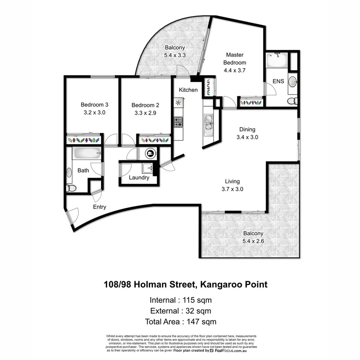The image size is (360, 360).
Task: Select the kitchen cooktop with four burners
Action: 178,122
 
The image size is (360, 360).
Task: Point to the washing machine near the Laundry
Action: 149,153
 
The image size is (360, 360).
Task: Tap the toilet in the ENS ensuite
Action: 292,101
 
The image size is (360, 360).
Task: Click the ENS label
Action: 278,82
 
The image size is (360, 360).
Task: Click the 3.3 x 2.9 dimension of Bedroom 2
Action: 145,113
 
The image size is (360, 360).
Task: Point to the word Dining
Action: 247,130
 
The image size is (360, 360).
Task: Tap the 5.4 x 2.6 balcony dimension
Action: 253,241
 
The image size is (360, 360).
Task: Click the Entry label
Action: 99,207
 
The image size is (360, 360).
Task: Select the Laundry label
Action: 139,178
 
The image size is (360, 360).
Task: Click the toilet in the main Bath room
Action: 71,188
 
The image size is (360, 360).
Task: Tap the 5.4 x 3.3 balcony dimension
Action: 175,55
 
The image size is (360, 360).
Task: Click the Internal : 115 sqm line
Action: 180,300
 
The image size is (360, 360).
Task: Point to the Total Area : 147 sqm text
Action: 180,321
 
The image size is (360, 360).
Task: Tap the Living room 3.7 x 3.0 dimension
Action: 233,189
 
